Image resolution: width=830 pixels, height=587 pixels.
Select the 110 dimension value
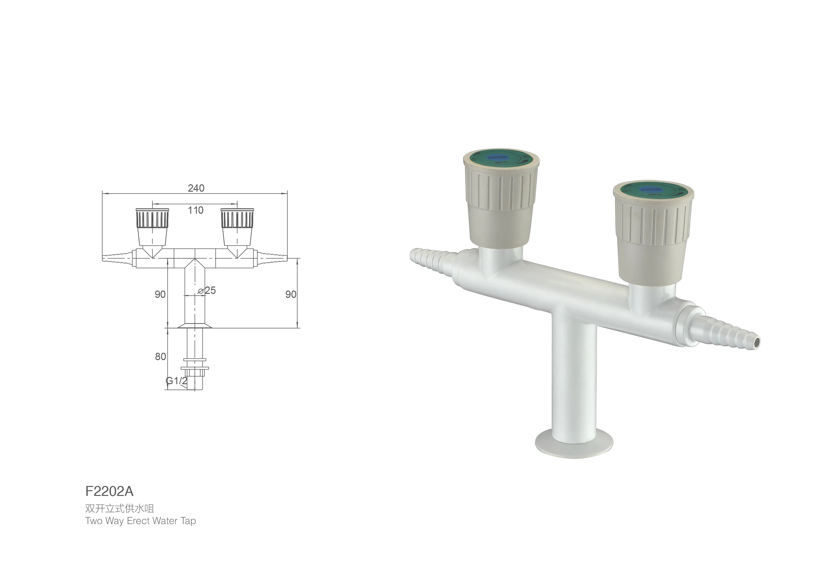pyautogui.click(x=196, y=210)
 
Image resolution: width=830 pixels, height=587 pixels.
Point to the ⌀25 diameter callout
pyautogui.click(x=207, y=290)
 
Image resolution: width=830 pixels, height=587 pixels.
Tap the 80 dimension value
pyautogui.click(x=160, y=357)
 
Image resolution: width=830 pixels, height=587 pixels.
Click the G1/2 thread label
pyautogui.click(x=177, y=381)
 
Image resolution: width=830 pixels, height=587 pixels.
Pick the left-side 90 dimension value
pyautogui.click(x=160, y=294)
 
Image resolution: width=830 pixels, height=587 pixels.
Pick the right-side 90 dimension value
pyautogui.click(x=291, y=294)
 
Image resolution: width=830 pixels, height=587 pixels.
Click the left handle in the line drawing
pyautogui.click(x=152, y=226)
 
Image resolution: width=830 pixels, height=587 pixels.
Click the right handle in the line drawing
pyautogui.click(x=237, y=226)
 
